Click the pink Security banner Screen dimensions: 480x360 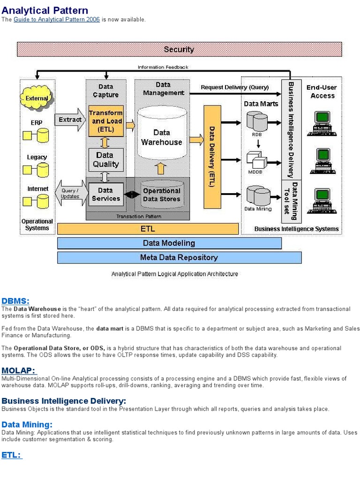179,49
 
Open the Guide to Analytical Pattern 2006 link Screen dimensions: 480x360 57,20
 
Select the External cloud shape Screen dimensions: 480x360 37,98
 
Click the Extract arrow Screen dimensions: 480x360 70,120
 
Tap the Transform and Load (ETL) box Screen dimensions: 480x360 106,120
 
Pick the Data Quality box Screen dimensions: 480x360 106,159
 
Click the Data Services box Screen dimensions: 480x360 105,195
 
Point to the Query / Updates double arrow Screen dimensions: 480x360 70,194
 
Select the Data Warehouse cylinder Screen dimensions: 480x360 162,134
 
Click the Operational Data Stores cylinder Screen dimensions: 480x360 162,195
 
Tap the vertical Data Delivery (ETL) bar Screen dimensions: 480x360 212,157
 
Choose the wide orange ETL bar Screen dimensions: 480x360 148,229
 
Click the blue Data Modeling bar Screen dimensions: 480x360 169,243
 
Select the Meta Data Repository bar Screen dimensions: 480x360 179,257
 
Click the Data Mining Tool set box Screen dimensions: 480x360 291,201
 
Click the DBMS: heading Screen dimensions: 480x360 15,301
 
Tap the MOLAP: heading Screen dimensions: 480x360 19,371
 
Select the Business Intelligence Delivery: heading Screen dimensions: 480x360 64,401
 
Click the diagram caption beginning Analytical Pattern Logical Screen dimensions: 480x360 174,274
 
